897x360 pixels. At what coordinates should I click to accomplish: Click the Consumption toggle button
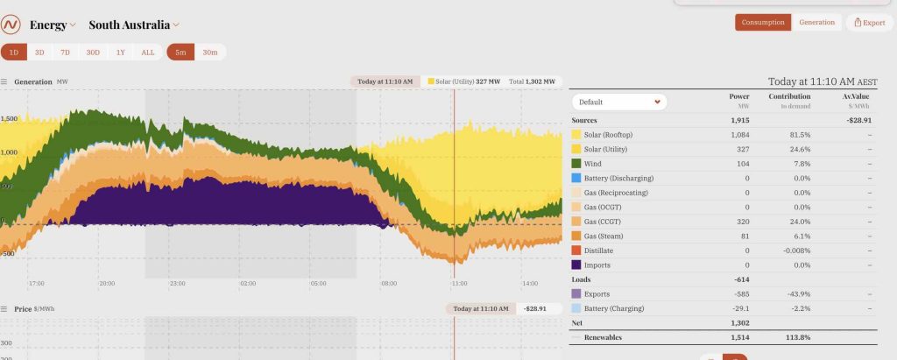click(x=762, y=23)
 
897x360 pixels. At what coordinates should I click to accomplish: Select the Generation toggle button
click(x=816, y=23)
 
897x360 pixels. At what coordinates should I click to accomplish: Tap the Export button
click(x=869, y=23)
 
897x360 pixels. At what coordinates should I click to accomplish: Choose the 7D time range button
click(x=66, y=53)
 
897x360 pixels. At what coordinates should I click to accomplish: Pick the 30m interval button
click(x=210, y=53)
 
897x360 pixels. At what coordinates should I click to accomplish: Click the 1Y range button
click(x=120, y=53)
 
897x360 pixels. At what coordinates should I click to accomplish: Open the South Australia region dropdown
click(x=133, y=25)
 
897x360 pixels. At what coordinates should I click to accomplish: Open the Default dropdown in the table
click(x=618, y=102)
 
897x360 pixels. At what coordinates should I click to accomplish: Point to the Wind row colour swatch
click(x=576, y=164)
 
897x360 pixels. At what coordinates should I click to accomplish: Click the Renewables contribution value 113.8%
click(x=794, y=337)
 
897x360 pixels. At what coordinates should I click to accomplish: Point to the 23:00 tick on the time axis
click(x=176, y=284)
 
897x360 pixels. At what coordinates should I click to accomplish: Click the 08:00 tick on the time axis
click(x=388, y=284)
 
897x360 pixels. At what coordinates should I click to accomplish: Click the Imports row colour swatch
click(x=576, y=265)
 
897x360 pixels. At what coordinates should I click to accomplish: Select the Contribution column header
click(x=788, y=96)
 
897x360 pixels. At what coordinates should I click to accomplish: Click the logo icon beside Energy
click(x=11, y=25)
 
